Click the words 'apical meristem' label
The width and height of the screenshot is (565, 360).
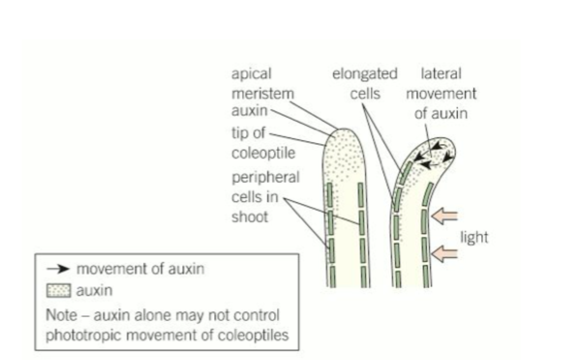262,84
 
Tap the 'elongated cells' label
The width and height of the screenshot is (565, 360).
364,84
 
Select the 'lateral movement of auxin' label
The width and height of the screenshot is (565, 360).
441,93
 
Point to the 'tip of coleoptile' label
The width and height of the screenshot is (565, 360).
263,143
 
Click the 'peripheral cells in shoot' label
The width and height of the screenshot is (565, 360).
265,197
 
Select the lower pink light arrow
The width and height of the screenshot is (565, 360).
444,253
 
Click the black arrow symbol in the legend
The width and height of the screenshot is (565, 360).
58,268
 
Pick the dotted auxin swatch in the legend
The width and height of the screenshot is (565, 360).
59,290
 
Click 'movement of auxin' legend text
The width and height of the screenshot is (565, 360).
140,269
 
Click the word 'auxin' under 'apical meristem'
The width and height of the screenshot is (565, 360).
250,110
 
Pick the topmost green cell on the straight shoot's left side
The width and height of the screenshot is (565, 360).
330,194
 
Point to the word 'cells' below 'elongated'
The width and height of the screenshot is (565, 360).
365,94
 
